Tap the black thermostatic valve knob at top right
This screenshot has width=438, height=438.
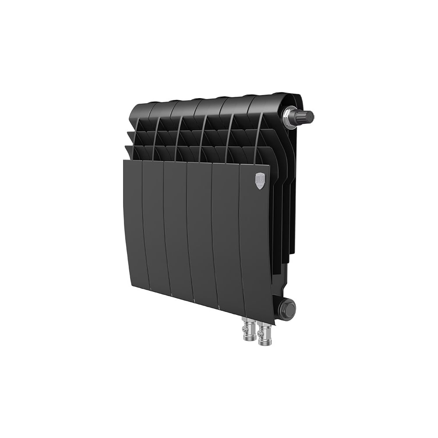pyautogui.click(x=306, y=117)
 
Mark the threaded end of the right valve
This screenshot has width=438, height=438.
pyautogui.click(x=265, y=343)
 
